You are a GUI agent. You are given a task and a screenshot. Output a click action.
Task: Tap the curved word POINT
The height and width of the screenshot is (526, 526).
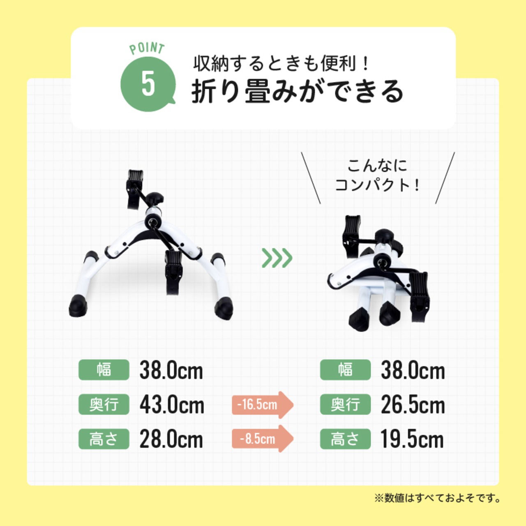tap(147, 48)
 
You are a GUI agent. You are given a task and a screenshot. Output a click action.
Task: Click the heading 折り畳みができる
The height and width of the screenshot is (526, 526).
tap(298, 91)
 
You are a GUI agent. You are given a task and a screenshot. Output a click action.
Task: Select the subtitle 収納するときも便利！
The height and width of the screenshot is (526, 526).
tap(282, 64)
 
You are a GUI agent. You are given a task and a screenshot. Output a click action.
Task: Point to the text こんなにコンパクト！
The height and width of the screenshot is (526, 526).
tap(377, 175)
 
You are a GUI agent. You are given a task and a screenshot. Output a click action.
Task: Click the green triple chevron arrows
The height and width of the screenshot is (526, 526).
tap(277, 258)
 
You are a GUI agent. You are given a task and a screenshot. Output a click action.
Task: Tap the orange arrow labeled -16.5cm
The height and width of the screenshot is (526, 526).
tap(262, 405)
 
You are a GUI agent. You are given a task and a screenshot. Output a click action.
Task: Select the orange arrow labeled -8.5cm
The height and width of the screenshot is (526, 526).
tap(262, 439)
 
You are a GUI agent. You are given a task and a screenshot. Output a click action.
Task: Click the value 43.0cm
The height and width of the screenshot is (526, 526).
tap(172, 405)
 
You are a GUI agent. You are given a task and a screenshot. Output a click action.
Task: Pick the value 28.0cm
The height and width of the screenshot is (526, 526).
tap(171, 439)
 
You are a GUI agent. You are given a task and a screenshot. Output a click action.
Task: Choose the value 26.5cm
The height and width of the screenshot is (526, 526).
tap(413, 405)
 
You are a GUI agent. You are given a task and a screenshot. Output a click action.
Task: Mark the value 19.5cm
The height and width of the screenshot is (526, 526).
tap(412, 439)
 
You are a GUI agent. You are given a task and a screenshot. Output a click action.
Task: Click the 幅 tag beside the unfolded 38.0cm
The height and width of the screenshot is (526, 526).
tap(104, 370)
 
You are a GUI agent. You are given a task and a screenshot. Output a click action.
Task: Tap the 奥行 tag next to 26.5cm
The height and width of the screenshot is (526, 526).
tap(345, 405)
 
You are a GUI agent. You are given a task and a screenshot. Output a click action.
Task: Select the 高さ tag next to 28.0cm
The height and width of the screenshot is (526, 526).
tap(104, 439)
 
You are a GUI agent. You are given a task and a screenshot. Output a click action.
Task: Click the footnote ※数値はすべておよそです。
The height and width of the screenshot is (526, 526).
tap(437, 498)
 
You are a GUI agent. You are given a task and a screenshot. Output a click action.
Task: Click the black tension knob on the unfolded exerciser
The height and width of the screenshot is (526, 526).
tap(155, 198)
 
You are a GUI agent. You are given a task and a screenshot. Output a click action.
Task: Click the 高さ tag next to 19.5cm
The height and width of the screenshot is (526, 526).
tap(345, 439)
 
